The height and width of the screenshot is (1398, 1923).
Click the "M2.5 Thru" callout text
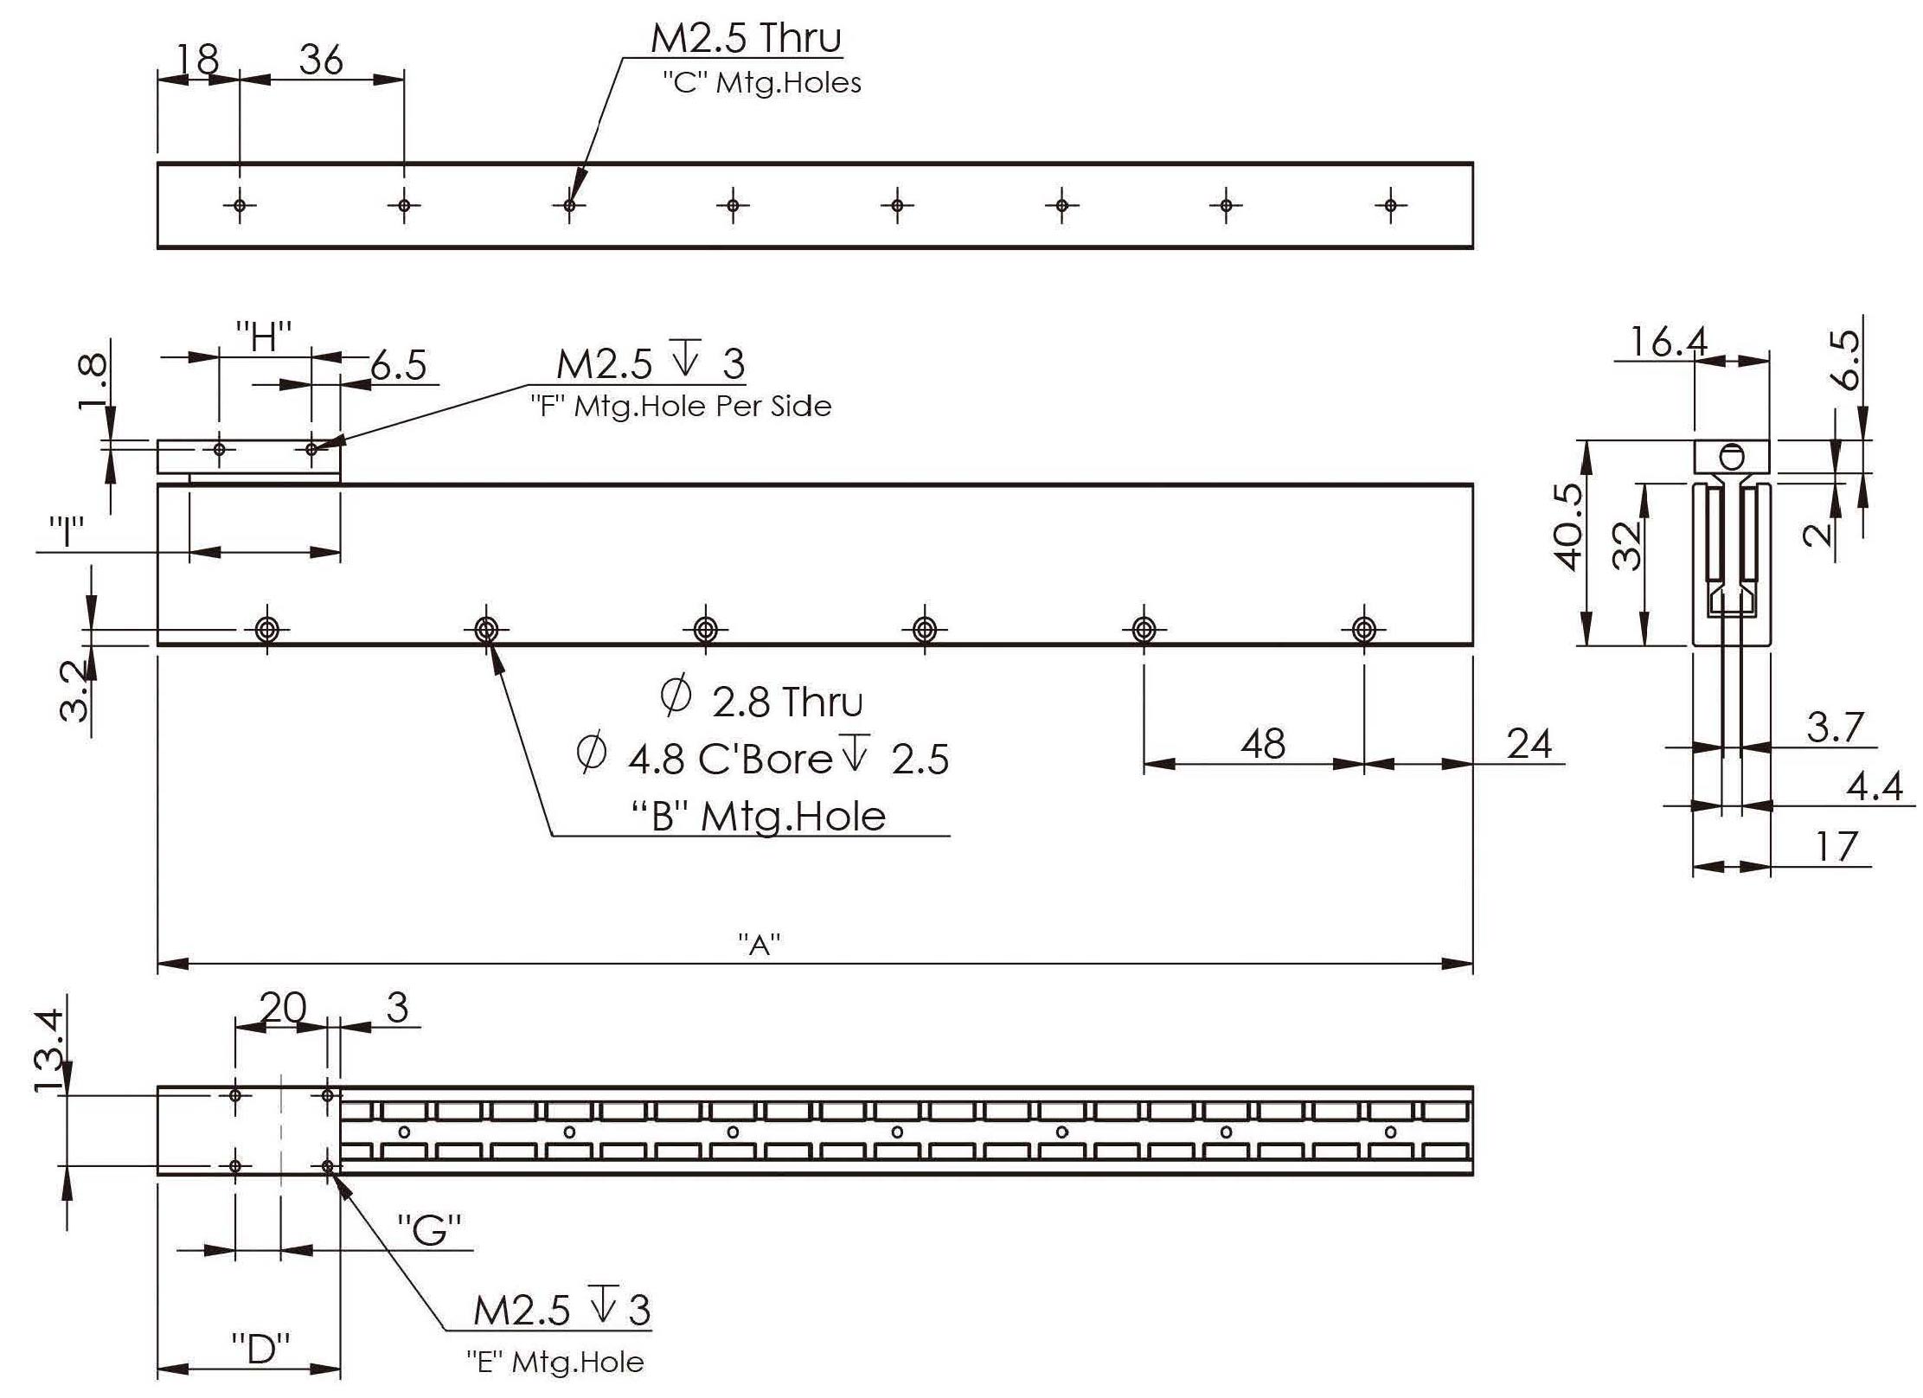pos(746,39)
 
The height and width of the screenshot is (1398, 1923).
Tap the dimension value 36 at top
pos(321,60)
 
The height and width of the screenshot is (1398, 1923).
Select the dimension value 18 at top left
pos(197,60)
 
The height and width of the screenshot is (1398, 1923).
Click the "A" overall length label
pos(760,944)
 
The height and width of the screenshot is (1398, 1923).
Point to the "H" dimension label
pos(264,337)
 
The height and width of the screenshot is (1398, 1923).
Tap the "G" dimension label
pos(429,1229)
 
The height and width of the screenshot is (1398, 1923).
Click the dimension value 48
pos(1262,744)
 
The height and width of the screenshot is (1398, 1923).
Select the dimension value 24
pos(1529,744)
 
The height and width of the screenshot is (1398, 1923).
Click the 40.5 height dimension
pos(1567,527)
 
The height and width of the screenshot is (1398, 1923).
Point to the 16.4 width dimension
pos(1668,343)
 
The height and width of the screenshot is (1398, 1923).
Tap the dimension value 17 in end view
pos(1834,846)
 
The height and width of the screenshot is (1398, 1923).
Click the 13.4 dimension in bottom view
pos(49,1049)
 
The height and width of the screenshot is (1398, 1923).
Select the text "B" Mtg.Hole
pos(759,817)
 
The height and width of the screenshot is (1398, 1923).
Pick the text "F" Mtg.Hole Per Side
pos(681,406)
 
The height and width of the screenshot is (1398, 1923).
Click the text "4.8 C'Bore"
pos(729,759)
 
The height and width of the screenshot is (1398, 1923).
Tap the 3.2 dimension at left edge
pos(75,689)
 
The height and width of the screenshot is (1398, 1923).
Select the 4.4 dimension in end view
pos(1875,786)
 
